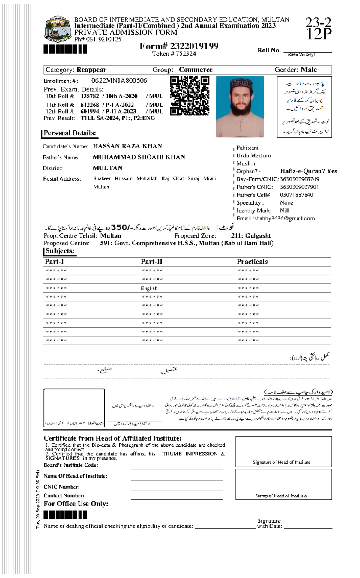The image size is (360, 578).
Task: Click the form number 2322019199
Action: (194, 46)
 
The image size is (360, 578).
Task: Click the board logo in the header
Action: (58, 29)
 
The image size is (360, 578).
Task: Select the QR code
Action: (190, 96)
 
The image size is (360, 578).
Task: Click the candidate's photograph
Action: (240, 107)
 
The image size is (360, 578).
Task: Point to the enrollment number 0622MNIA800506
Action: (119, 81)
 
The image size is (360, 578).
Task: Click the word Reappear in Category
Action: (91, 70)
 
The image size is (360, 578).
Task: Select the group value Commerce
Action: (196, 70)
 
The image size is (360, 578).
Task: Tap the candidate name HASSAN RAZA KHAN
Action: (127, 146)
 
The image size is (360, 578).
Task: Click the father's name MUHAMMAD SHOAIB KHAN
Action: (139, 157)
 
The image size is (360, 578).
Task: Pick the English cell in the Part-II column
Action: (149, 288)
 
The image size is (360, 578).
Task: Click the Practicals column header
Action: (252, 262)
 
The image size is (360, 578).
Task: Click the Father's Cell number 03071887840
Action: (296, 195)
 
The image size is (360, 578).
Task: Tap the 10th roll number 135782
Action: (90, 96)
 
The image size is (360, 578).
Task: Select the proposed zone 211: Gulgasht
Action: (251, 236)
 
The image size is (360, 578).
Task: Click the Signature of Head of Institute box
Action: (283, 451)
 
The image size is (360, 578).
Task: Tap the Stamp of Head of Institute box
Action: (283, 484)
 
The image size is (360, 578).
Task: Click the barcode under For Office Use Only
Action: (65, 515)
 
